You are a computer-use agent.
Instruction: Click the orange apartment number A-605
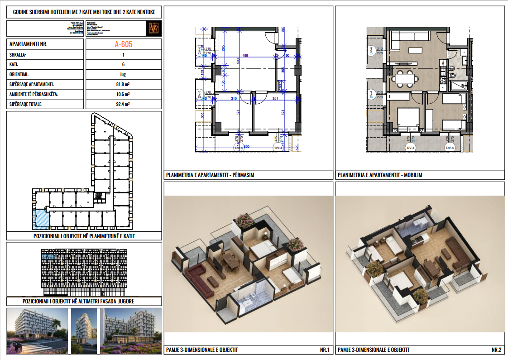[x=123, y=44]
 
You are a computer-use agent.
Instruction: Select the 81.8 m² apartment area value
[x=123, y=85]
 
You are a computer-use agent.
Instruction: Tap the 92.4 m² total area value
[x=123, y=104]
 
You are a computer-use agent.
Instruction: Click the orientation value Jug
[x=123, y=75]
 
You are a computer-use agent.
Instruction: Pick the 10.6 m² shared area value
[x=123, y=94]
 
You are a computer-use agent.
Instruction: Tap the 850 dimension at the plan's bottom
[x=246, y=147]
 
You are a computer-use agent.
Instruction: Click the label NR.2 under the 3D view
[x=496, y=350]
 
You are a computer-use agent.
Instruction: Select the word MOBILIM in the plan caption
[x=412, y=175]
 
